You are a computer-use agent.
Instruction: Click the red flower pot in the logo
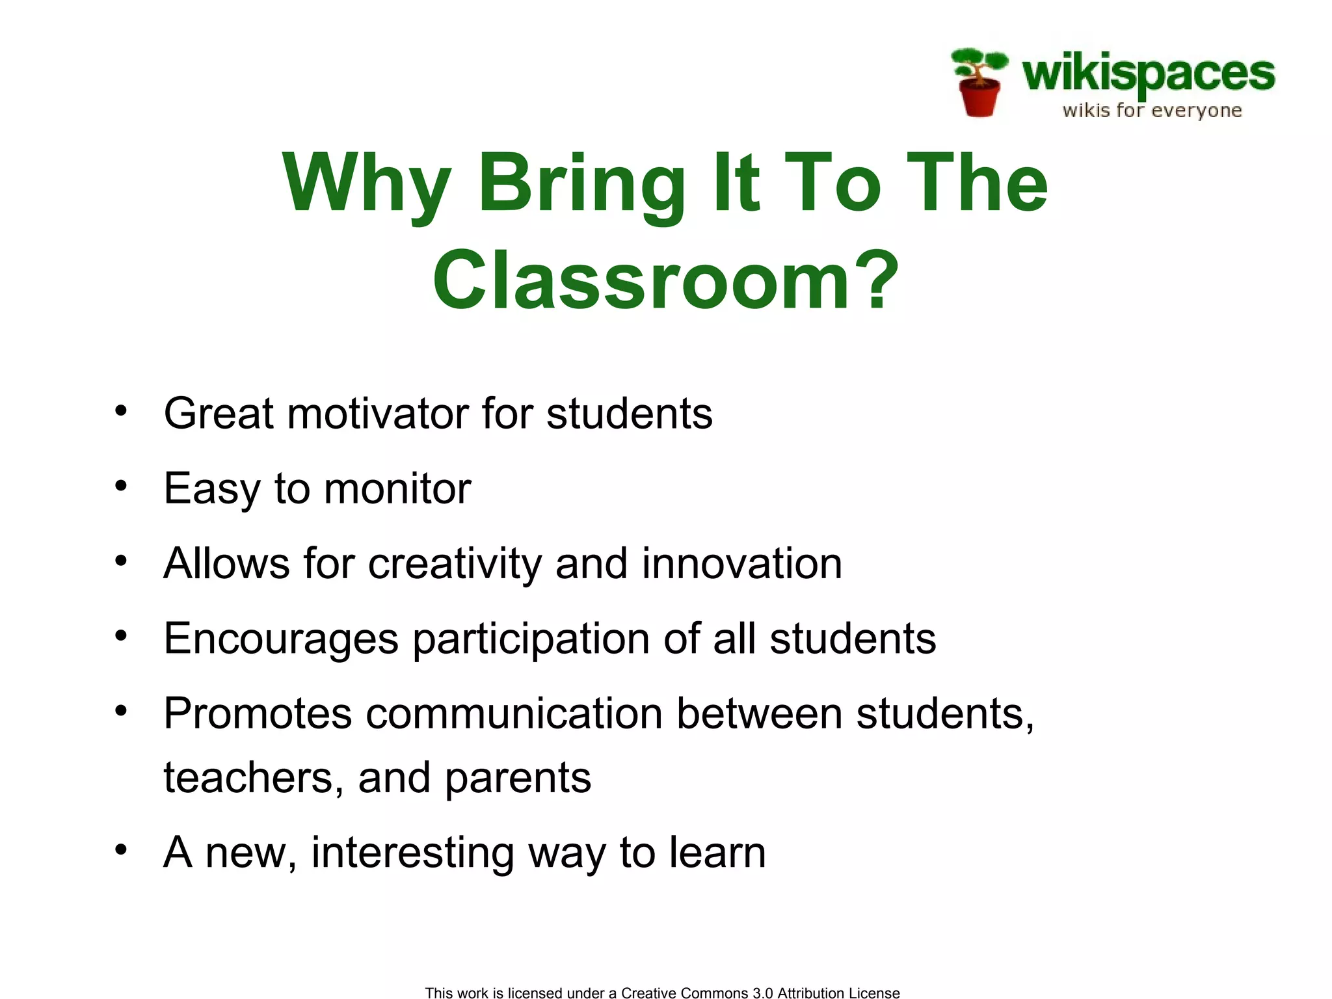(x=979, y=98)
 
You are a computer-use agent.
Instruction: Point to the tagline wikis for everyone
(x=1152, y=111)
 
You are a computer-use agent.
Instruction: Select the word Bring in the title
(x=582, y=183)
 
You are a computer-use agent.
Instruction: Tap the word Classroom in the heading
(x=641, y=281)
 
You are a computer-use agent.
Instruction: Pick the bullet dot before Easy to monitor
(x=121, y=486)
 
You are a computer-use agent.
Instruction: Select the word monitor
(x=397, y=488)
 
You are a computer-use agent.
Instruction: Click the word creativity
(x=454, y=564)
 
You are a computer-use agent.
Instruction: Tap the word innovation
(x=741, y=563)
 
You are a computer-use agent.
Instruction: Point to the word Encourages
(x=280, y=639)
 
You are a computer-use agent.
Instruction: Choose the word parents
(x=518, y=779)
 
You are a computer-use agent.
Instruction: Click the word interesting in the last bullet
(x=412, y=853)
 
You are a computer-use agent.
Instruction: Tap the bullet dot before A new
(x=121, y=849)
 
